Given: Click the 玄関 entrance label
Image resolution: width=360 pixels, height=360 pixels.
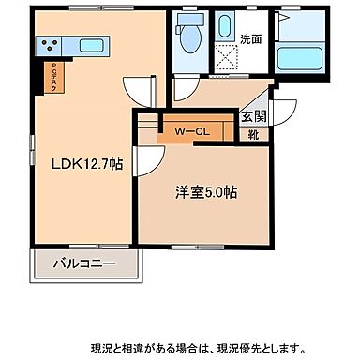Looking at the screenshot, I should pos(252,117).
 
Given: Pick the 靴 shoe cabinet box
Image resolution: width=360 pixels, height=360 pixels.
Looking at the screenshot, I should pos(253,134).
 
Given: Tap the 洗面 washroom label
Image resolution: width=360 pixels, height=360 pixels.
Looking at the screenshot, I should pos(251,40).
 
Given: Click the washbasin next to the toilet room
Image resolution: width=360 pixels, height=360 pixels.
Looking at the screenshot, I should pos(225,27).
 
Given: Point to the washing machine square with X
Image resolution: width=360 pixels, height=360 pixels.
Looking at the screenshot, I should pos(225,58).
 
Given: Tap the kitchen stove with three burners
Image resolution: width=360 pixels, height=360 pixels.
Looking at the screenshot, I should pos(50,44).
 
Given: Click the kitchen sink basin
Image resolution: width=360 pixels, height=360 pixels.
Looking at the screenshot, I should pos(91,44).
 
